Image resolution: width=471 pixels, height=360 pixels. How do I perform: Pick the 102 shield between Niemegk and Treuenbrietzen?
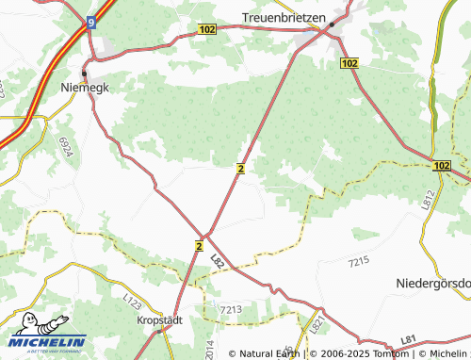[x=208, y=30]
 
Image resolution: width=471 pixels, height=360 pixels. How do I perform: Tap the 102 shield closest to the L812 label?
[x=444, y=165]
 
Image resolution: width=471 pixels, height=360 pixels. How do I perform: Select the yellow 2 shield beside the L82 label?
[x=199, y=245]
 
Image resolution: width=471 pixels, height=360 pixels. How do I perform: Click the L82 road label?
[x=219, y=259]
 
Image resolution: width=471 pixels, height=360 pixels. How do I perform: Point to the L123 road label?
[x=131, y=303]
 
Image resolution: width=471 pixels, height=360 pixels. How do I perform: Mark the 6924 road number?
[x=66, y=145]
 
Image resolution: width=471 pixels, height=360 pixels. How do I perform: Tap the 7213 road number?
[x=230, y=309]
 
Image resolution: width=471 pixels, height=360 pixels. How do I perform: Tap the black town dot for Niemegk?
[x=84, y=73]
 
